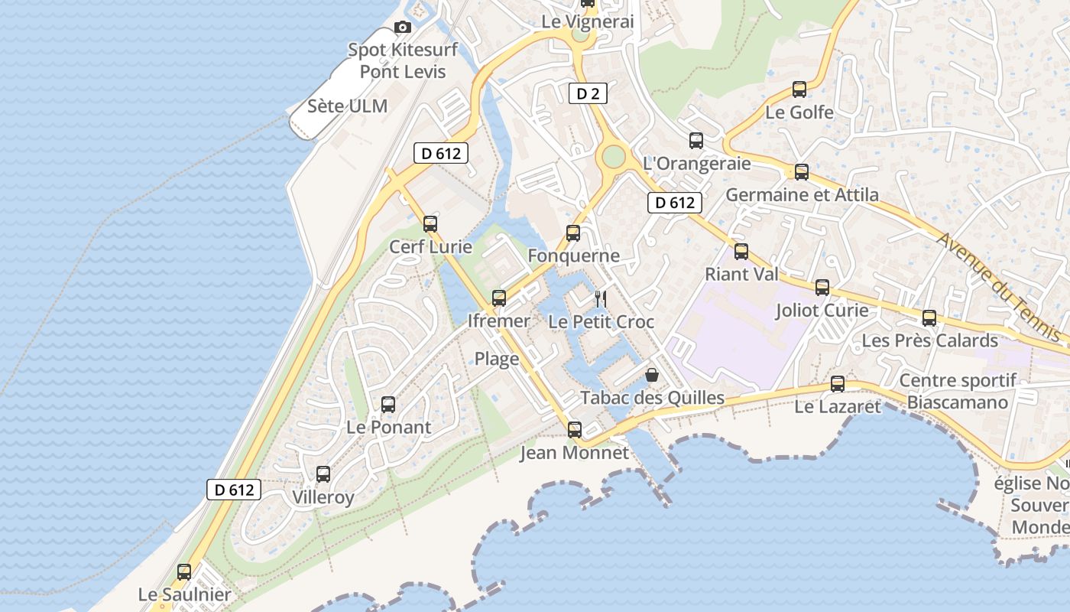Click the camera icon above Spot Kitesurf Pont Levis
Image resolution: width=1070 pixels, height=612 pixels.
tap(402, 28)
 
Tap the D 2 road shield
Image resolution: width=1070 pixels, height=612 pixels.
tap(588, 94)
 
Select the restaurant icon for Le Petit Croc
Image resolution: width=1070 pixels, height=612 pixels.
tap(601, 298)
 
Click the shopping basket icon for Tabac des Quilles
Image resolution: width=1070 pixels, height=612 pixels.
tap(652, 375)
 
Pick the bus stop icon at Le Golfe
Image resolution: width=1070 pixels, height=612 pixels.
tap(799, 90)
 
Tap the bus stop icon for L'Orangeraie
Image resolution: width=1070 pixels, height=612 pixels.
tap(696, 141)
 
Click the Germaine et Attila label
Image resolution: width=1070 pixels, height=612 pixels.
tap(802, 194)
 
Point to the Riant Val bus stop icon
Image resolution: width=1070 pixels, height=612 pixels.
tap(741, 252)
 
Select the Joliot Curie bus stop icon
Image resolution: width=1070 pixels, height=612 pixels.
tap(822, 288)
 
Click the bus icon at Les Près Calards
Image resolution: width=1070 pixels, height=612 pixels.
tap(929, 318)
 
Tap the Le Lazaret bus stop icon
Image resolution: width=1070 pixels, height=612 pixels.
tap(838, 384)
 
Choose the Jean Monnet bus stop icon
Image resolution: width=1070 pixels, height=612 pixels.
tap(575, 430)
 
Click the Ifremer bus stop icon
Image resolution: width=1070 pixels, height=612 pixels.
tap(499, 298)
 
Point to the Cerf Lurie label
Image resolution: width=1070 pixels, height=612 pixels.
tap(430, 247)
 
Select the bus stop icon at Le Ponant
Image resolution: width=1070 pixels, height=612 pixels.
tap(388, 405)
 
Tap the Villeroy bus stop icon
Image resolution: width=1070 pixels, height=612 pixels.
tap(323, 474)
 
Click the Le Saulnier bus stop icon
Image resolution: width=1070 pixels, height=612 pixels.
tap(184, 572)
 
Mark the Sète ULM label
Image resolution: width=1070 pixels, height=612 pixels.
tap(347, 106)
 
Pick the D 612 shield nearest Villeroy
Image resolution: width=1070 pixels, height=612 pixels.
tap(234, 490)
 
